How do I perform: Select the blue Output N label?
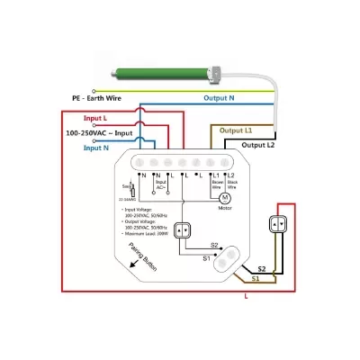tap(219, 97)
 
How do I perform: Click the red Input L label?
tap(95, 119)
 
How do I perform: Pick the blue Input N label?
tap(96, 147)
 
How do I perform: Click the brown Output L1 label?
tap(236, 130)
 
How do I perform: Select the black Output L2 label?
tap(258, 144)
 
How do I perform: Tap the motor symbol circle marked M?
tap(226, 196)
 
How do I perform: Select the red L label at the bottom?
tap(246, 294)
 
